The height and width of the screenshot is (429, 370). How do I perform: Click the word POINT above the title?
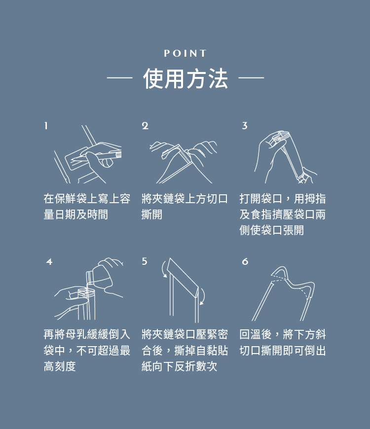pos(185,53)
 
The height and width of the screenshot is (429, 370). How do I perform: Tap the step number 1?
pos(46,126)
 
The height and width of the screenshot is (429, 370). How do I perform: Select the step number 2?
pos(145,126)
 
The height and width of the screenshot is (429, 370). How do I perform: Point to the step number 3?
pos(244,126)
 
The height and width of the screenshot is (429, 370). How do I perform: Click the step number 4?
pos(49,262)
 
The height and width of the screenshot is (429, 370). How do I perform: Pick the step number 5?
pos(145,262)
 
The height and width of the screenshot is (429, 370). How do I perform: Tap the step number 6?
pos(245,262)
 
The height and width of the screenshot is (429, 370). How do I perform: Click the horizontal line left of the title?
pos(119,78)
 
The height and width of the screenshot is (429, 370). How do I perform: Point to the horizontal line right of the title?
pos(252,78)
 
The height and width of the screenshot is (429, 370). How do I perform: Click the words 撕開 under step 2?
pos(151,215)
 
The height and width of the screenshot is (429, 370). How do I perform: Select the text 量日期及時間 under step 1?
pos(75,215)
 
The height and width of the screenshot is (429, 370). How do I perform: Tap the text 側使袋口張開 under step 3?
pos(271,231)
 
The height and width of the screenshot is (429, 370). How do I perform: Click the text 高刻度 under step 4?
pos(60,367)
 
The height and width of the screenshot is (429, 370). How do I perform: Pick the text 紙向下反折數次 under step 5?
pos(179,367)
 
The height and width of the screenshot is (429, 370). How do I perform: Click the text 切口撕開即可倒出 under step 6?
pos(282,351)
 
